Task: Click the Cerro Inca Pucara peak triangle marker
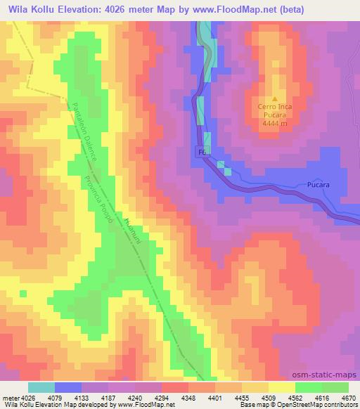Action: (x=275, y=99)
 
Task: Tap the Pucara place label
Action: (x=319, y=185)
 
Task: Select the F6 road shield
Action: (x=202, y=152)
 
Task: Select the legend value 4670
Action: (x=348, y=398)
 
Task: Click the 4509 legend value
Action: (x=272, y=398)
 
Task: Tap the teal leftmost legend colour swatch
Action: (x=41, y=387)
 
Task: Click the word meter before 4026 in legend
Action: (x=8, y=398)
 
